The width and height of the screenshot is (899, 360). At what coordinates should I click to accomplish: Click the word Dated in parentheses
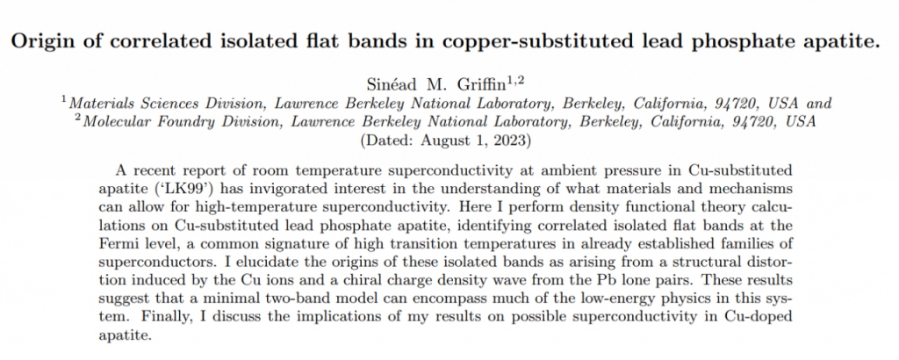pos(389,140)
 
